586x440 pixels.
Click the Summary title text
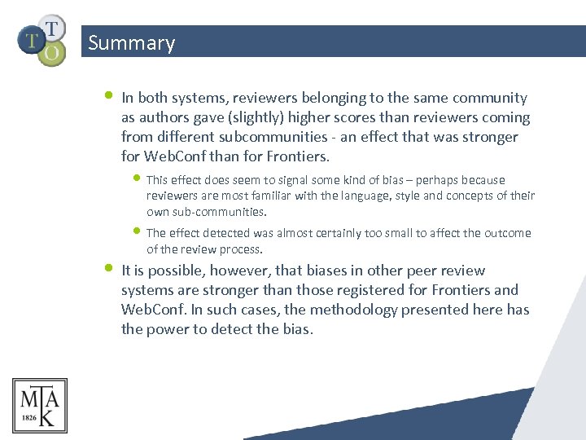pyautogui.click(x=131, y=42)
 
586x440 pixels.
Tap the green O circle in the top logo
pyautogui.click(x=52, y=53)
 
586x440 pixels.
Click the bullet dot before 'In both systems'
pyautogui.click(x=110, y=95)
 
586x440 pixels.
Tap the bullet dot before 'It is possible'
pyautogui.click(x=110, y=267)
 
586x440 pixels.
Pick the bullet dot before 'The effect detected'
pyautogui.click(x=138, y=231)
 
